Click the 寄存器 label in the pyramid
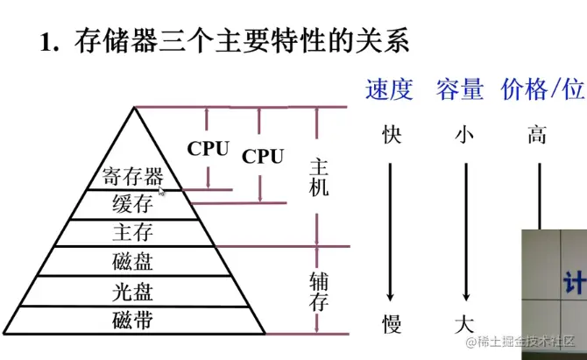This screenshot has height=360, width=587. tap(132, 177)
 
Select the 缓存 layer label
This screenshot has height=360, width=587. tap(133, 205)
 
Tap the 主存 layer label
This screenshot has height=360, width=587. tap(133, 233)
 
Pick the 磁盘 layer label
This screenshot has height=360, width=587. tap(133, 261)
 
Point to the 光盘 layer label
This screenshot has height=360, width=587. tap(133, 291)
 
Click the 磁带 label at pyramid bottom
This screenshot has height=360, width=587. tap(133, 320)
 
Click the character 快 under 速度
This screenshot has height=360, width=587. tap(392, 135)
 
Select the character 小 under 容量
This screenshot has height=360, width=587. tap(464, 135)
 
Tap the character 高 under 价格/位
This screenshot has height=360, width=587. tap(537, 135)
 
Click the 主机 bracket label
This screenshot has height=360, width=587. tap(319, 176)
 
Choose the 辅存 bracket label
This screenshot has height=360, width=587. tap(319, 292)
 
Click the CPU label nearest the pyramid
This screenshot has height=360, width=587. tap(209, 149)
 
